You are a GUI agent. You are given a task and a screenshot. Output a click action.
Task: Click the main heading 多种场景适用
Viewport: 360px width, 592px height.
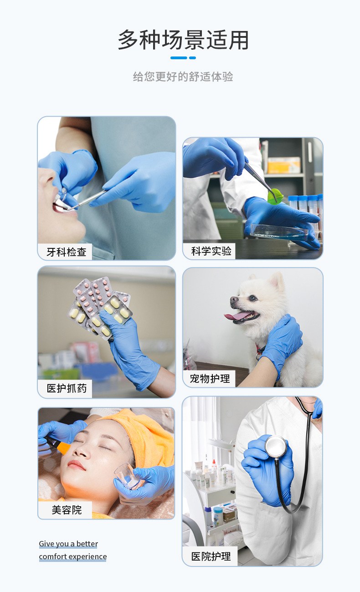tap(183, 40)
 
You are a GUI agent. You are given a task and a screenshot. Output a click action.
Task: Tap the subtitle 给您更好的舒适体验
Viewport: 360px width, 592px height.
tap(183, 77)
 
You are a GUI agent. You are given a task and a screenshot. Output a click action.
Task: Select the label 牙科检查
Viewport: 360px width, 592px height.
tap(66, 252)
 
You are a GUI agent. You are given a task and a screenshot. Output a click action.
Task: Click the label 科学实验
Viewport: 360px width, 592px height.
tap(211, 251)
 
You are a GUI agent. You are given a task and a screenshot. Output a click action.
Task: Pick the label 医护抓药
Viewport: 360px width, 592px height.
tap(66, 388)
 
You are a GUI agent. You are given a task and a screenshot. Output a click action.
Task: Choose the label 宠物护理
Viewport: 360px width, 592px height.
tap(210, 378)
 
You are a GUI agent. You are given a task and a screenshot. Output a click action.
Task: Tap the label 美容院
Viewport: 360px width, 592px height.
tap(67, 510)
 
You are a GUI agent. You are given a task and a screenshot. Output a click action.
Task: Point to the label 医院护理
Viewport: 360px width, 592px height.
tap(211, 556)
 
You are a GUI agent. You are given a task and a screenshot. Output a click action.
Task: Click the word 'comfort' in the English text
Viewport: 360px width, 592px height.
tap(50, 556)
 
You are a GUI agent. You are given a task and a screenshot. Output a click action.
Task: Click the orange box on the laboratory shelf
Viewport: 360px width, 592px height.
tap(284, 165)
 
